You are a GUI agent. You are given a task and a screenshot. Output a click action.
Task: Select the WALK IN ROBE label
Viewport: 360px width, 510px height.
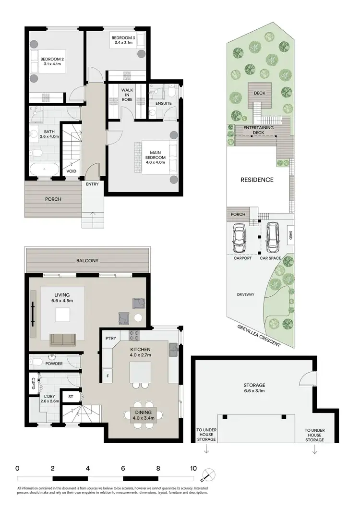127,95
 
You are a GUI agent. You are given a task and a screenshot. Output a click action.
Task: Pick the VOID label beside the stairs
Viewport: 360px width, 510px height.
72,171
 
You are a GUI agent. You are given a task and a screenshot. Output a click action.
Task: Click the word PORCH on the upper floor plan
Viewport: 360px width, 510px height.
53,199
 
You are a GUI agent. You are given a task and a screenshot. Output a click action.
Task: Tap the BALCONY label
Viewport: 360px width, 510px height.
87,261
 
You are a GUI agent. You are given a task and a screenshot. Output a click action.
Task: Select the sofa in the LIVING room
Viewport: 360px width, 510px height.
62,340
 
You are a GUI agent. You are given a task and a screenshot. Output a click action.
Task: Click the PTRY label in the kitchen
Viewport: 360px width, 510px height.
111,338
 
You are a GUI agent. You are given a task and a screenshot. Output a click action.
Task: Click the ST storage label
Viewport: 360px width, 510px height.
71,397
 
